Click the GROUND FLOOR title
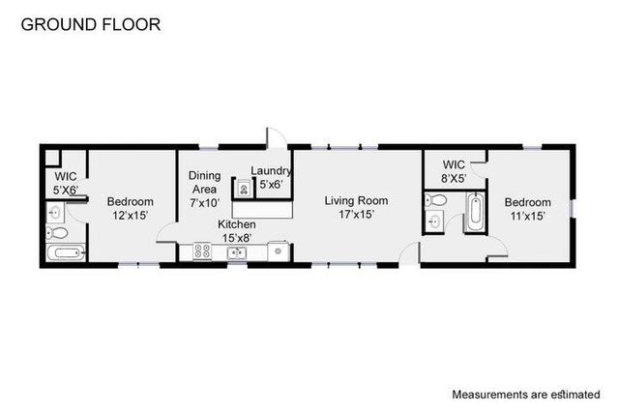[91, 22]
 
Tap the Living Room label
[356, 201]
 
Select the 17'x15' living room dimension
[356, 215]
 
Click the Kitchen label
[236, 223]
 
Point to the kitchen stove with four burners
[203, 251]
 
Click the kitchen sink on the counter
[236, 252]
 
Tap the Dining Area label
[204, 183]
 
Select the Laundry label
[271, 171]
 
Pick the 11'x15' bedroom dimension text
[528, 216]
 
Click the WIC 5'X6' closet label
[66, 183]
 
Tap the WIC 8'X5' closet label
[455, 171]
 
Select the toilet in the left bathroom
[57, 233]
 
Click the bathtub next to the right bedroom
[475, 212]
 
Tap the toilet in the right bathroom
[435, 200]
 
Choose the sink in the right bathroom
[434, 222]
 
